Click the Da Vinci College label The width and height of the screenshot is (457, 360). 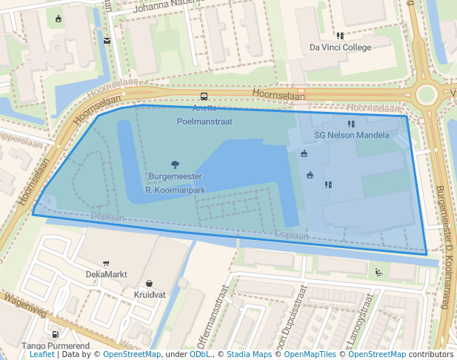tap(340, 47)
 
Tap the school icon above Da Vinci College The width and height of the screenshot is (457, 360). tap(340, 35)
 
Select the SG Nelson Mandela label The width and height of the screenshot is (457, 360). tap(352, 136)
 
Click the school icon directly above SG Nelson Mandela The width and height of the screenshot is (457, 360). tap(351, 123)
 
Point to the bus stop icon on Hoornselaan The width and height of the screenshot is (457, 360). tap(204, 96)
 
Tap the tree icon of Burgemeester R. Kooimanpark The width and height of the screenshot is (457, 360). tap(175, 164)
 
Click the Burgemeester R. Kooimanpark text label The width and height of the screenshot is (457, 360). tap(175, 183)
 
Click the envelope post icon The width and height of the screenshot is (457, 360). tap(107, 41)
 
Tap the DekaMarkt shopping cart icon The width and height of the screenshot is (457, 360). tap(106, 263)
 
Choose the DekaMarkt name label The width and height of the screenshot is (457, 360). tap(106, 274)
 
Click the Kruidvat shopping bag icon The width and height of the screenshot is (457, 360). tap(150, 283)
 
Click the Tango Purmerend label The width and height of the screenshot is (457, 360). tap(56, 346)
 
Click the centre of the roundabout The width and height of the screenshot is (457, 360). tap(427, 94)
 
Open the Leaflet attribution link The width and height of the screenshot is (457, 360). tap(42, 355)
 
